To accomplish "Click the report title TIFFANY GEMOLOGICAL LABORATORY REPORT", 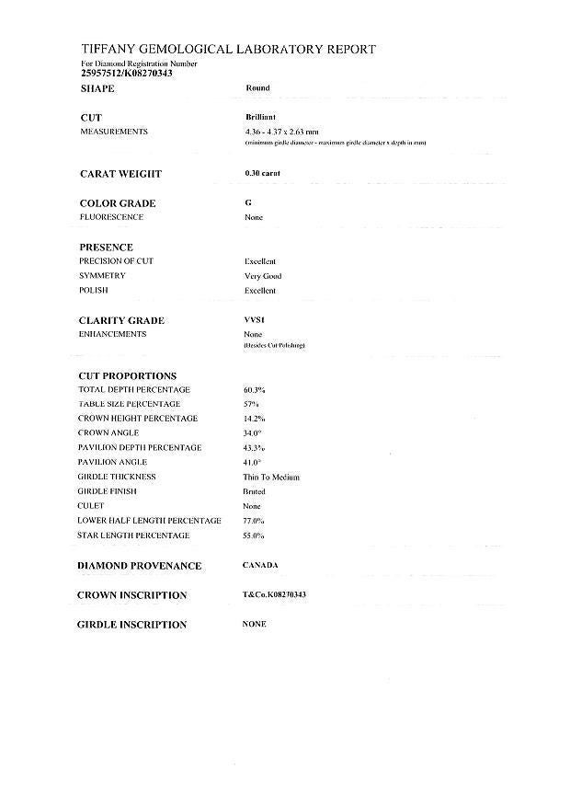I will coord(228,50).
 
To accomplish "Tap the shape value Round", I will coord(258,88).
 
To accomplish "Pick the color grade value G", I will coord(248,202).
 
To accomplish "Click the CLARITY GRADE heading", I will coord(122,320).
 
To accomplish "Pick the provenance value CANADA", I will coord(260,565).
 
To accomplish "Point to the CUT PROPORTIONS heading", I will coord(128,375).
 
